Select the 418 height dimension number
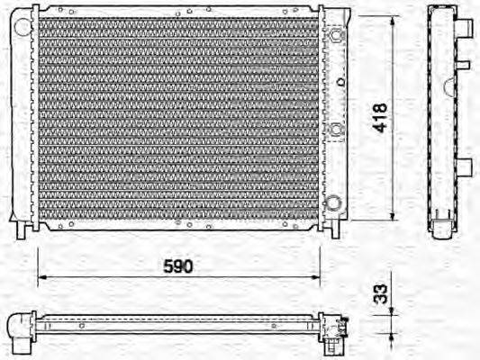pyautogui.click(x=381, y=117)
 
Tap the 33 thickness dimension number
pyautogui.click(x=381, y=295)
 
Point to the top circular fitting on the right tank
pyautogui.click(x=336, y=36)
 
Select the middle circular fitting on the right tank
pyautogui.click(x=336, y=130)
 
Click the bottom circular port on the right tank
pyautogui.click(x=335, y=202)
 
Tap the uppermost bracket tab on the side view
pyautogui.click(x=466, y=31)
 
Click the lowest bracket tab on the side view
pyautogui.click(x=465, y=167)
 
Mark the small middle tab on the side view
pyautogui.click(x=463, y=65)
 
